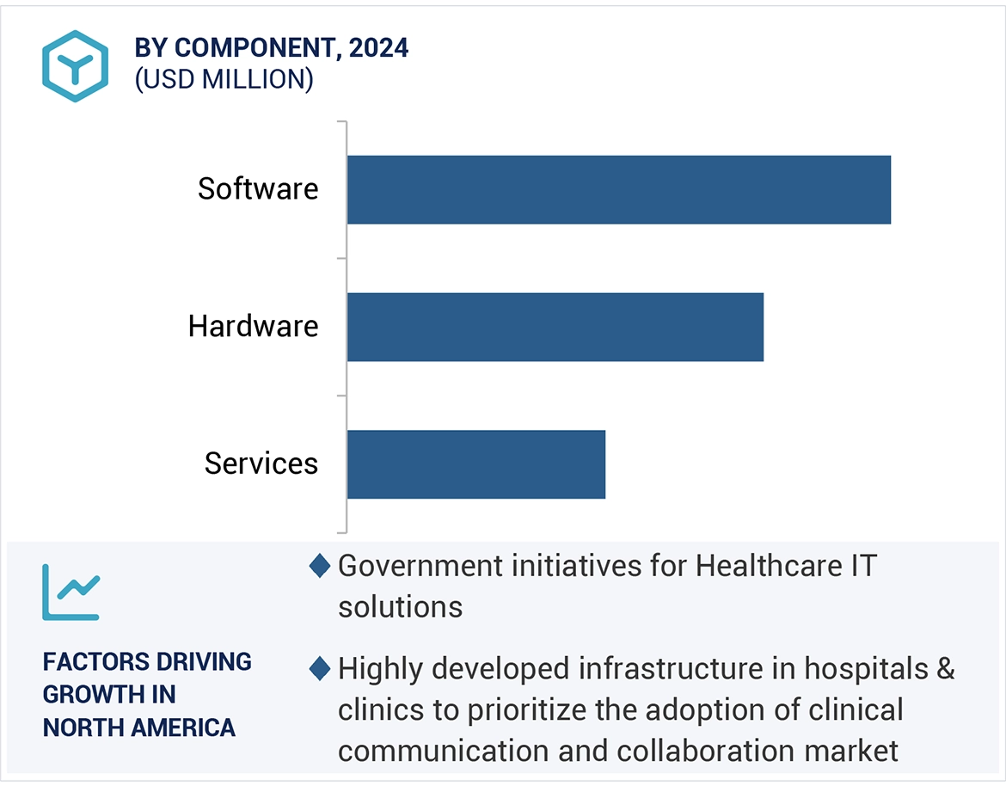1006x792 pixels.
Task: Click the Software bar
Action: pyautogui.click(x=619, y=189)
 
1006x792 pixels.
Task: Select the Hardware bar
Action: pyautogui.click(x=555, y=327)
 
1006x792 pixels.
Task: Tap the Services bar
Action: pyautogui.click(x=476, y=464)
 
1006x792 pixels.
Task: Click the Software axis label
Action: pyautogui.click(x=258, y=189)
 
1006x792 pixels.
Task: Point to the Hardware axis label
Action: pyautogui.click(x=254, y=327)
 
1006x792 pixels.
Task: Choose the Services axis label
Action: pyautogui.click(x=261, y=464)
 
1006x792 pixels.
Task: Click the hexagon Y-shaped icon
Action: pyautogui.click(x=75, y=66)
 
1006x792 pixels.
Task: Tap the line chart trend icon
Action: pyautogui.click(x=71, y=592)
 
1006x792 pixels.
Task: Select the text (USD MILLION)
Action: pyautogui.click(x=224, y=79)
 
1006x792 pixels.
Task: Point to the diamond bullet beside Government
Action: pyautogui.click(x=320, y=567)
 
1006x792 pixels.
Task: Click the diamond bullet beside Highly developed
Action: pyautogui.click(x=320, y=668)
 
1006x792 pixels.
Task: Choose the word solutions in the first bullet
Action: pyautogui.click(x=401, y=607)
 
